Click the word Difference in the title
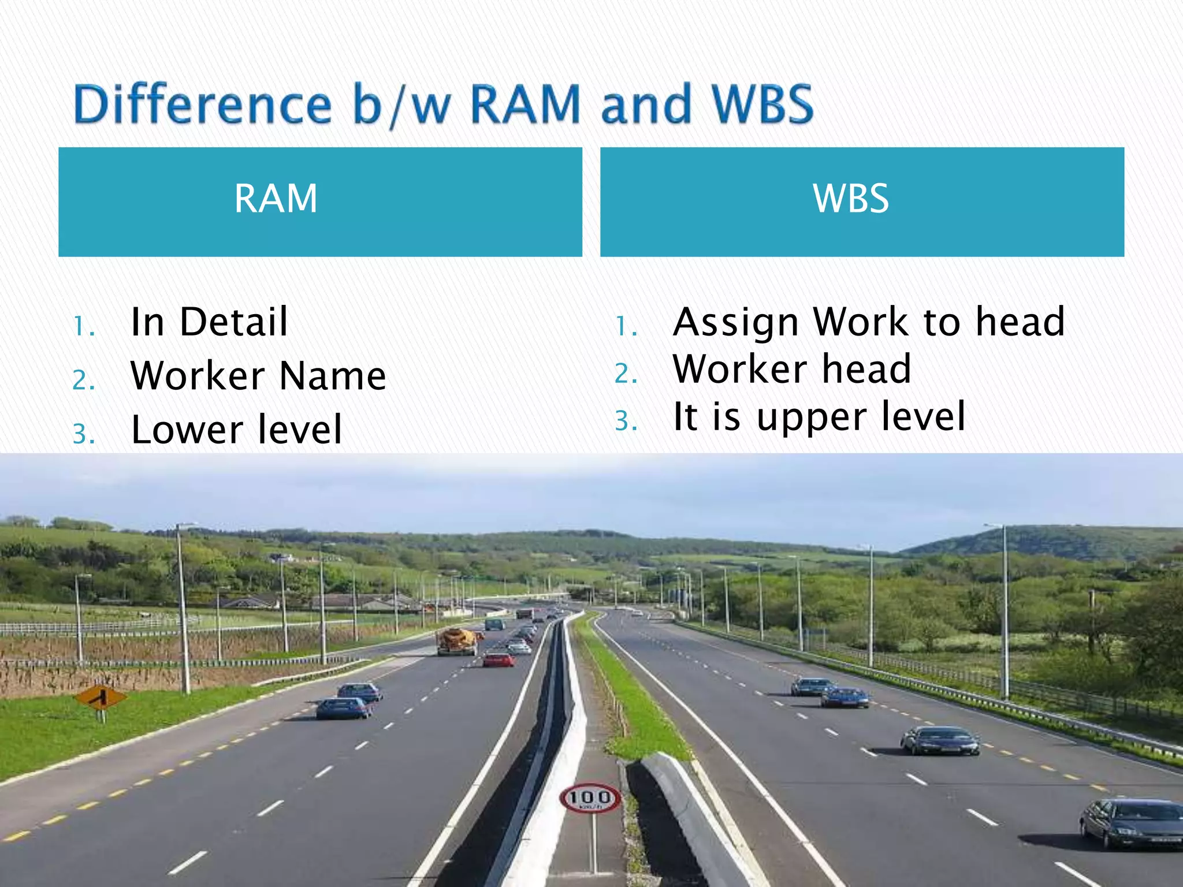coord(202,104)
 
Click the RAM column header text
coord(276,199)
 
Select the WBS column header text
coord(850,199)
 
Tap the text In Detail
coord(209,322)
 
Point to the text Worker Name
coord(258,376)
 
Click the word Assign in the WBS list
coord(736,322)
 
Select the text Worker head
coord(792,369)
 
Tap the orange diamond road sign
coord(101,698)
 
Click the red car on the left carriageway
coord(498,659)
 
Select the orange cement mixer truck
coord(458,640)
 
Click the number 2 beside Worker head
coord(625,374)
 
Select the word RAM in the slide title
coord(524,104)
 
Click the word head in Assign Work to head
coord(1020,322)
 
